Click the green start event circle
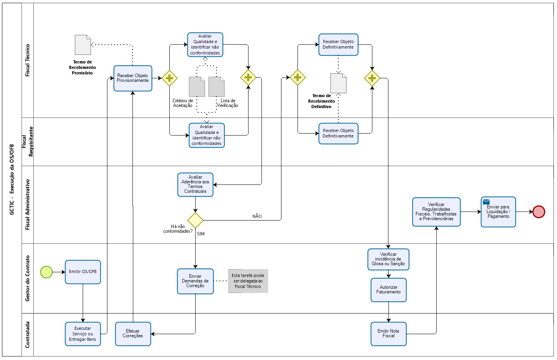pyautogui.click(x=46, y=272)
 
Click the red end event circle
pyautogui.click(x=539, y=212)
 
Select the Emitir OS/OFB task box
pyautogui.click(x=83, y=272)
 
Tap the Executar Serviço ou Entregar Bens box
pyautogui.click(x=83, y=334)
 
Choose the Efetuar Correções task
pyautogui.click(x=133, y=334)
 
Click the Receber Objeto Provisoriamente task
pyautogui.click(x=133, y=78)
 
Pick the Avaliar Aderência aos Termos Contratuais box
pyautogui.click(x=195, y=185)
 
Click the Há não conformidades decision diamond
pyautogui.click(x=195, y=220)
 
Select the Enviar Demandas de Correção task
pyautogui.click(x=195, y=281)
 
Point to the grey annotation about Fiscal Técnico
pyautogui.click(x=248, y=281)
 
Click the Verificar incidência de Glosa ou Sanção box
pyautogui.click(x=388, y=259)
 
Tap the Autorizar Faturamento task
pyautogui.click(x=388, y=290)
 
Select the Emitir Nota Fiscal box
pyautogui.click(x=388, y=334)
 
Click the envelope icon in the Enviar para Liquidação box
pyautogui.click(x=486, y=202)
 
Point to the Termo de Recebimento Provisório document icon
pyautogui.click(x=83, y=45)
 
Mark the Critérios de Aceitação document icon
pyautogui.click(x=197, y=87)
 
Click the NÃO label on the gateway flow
pyautogui.click(x=257, y=216)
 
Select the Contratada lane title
pyautogui.click(x=27, y=335)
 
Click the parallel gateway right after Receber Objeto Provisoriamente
pyautogui.click(x=169, y=78)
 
